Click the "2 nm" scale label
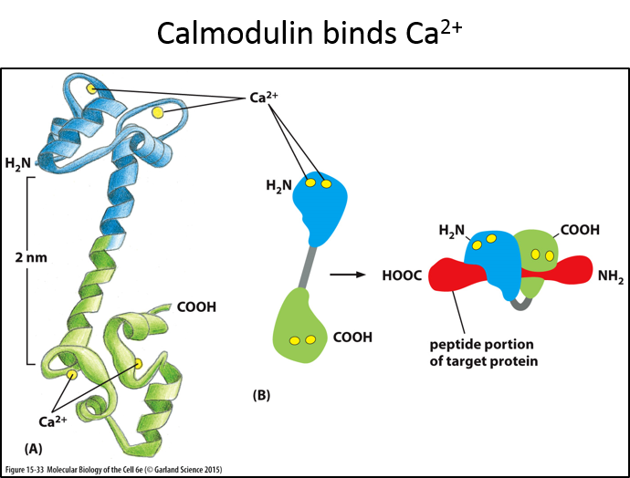tap(30, 258)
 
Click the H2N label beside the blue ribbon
tap(18, 164)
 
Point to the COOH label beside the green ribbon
tap(196, 307)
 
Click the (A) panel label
tap(34, 449)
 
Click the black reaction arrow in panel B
tap(342, 274)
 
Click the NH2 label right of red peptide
tap(610, 275)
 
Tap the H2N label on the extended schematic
tap(278, 186)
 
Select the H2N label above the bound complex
tap(453, 230)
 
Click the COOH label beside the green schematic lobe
tap(354, 337)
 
